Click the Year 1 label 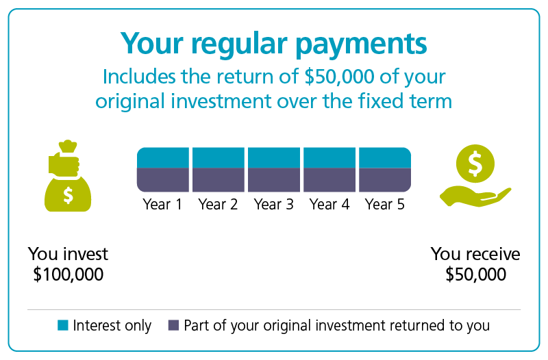click(162, 204)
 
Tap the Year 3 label click(273, 204)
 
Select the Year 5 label click(385, 204)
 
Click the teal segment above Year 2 click(219, 158)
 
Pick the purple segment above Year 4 click(329, 180)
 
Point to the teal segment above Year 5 click(385, 158)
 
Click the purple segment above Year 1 click(163, 180)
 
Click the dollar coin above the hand click(475, 164)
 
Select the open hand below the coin click(475, 197)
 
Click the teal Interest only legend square click(63, 325)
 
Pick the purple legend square click(174, 325)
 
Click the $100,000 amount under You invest click(68, 274)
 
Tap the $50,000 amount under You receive click(475, 274)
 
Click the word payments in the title click(362, 44)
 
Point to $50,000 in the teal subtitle click(339, 77)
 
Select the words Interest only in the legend click(112, 325)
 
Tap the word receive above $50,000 click(493, 254)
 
